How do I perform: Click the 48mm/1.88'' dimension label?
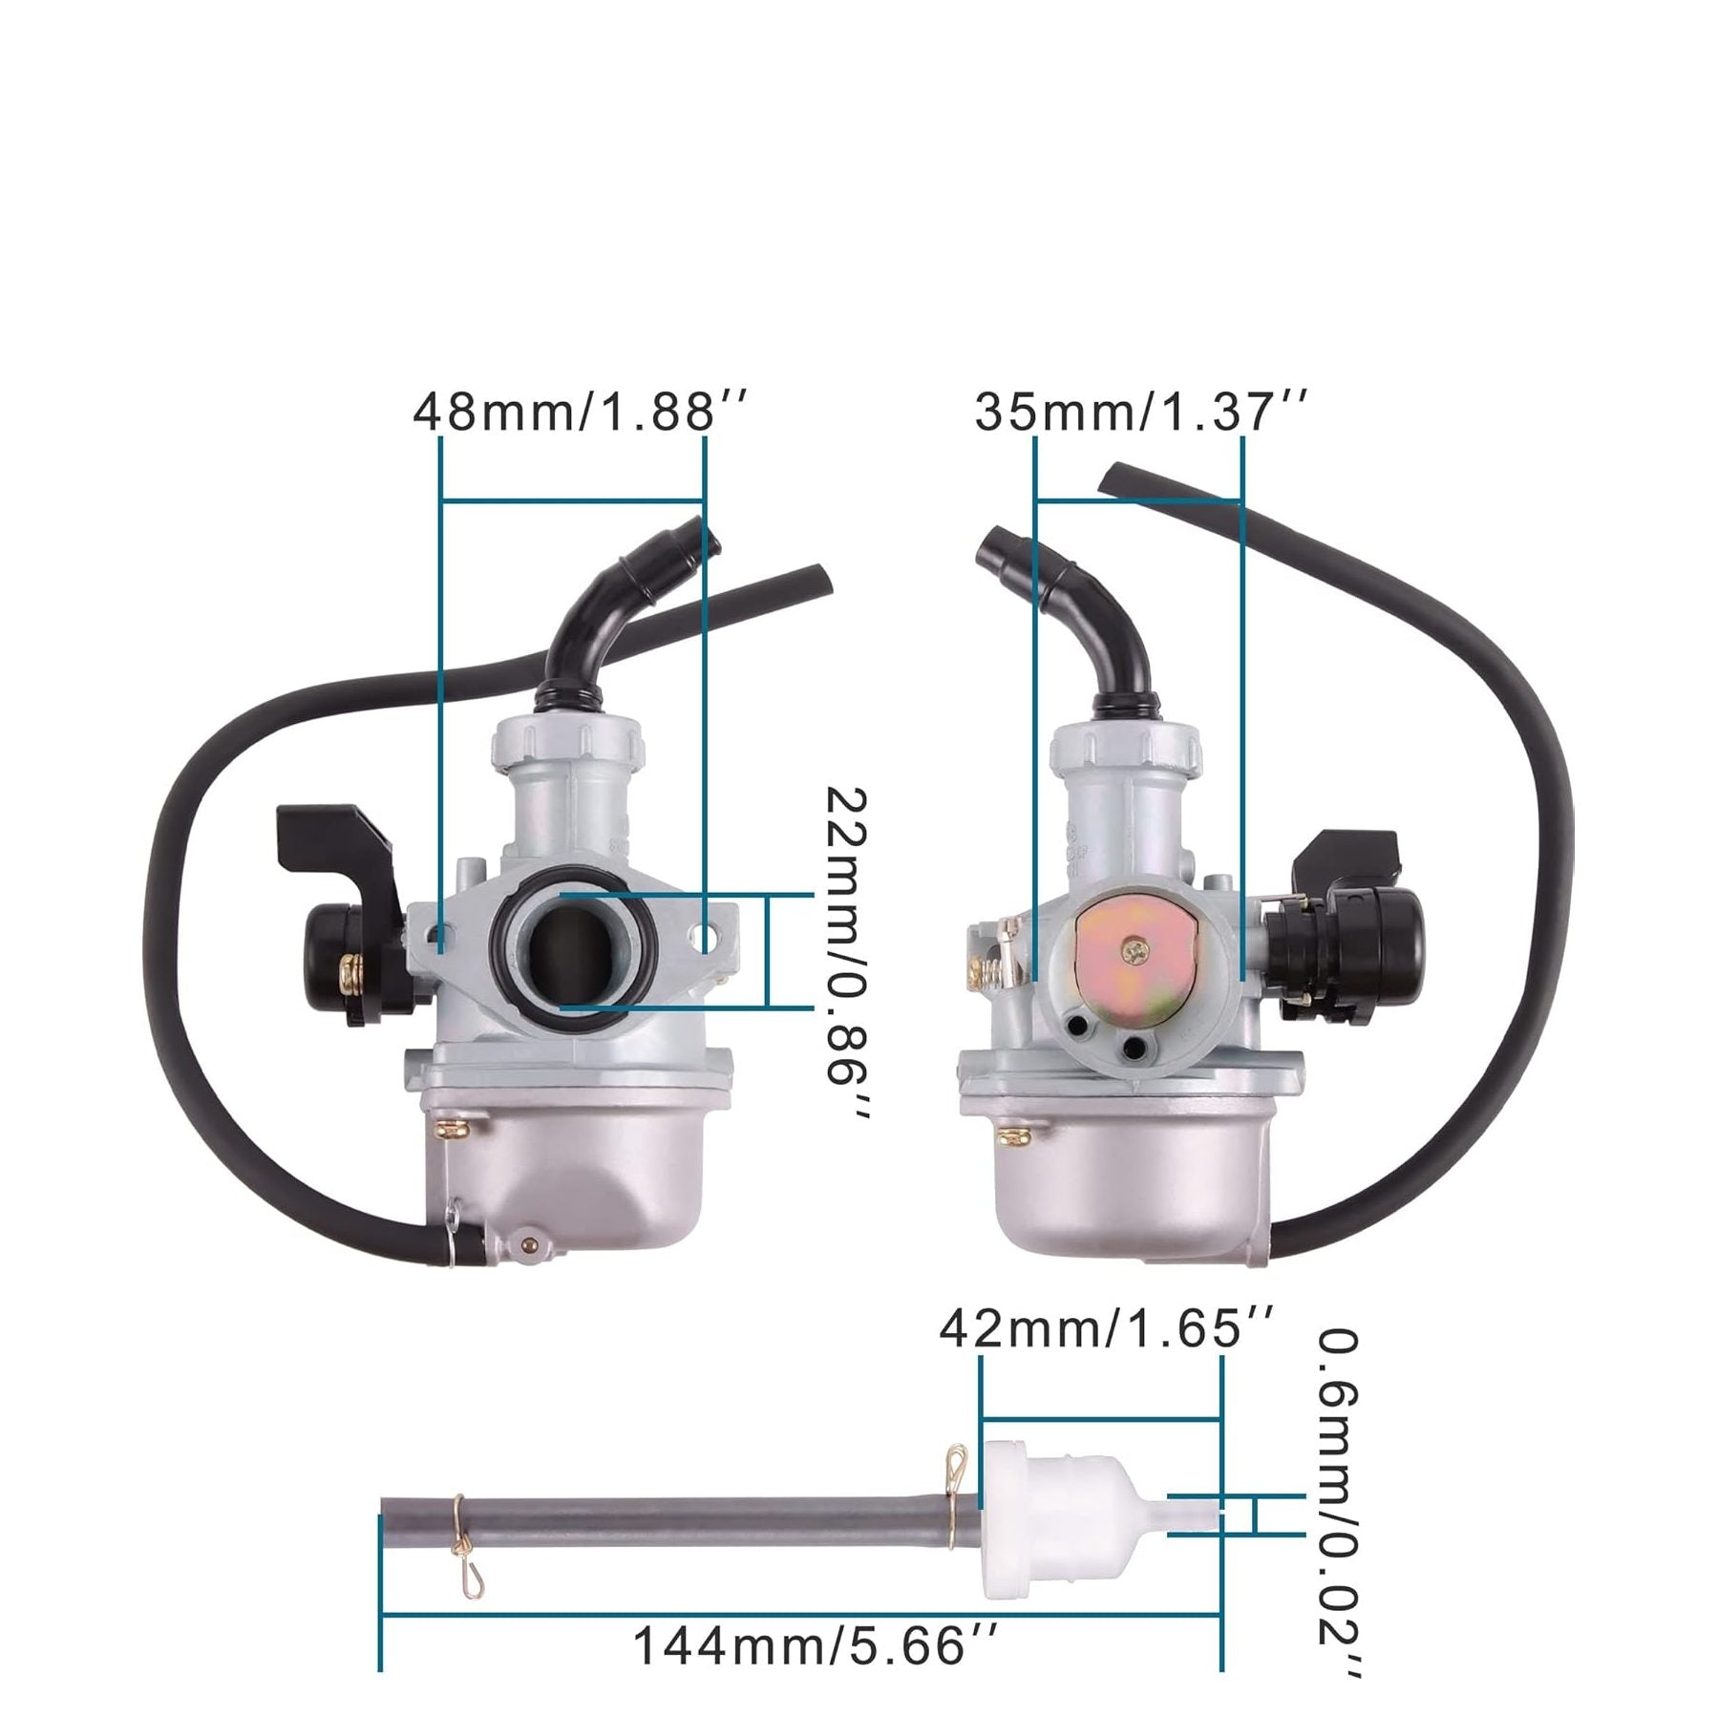coord(579,413)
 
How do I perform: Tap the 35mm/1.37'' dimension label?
coord(1138,413)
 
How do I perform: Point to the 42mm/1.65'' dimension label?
coord(1106,1328)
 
